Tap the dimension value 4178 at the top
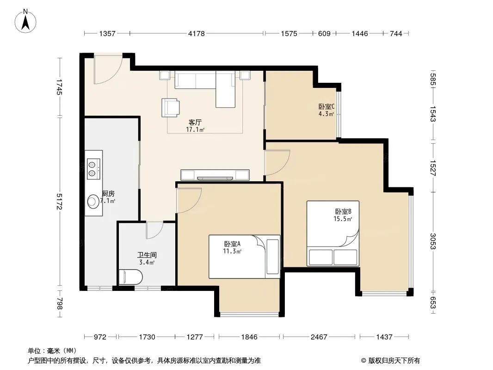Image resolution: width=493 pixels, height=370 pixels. [196, 33]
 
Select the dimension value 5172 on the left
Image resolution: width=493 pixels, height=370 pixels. [59, 201]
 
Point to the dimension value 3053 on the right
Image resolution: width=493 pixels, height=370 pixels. [433, 241]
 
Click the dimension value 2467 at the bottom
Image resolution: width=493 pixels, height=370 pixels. [319, 337]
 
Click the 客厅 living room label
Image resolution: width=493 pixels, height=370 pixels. [195, 122]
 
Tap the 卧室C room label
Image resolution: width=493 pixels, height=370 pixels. [327, 107]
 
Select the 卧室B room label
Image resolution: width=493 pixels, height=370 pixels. [343, 211]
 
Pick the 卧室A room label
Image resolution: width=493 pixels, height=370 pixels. [232, 244]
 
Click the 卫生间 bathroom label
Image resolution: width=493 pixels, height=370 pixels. [147, 255]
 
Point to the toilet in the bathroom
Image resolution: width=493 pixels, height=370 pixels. [130, 277]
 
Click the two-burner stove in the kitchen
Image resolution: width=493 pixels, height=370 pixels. [94, 169]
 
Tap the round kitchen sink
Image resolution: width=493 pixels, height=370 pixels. [93, 202]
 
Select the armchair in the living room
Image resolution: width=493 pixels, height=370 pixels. [170, 107]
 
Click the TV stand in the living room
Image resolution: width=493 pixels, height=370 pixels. [215, 175]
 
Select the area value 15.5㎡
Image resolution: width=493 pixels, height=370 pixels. [343, 219]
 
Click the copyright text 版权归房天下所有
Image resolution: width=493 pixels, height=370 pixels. [394, 361]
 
